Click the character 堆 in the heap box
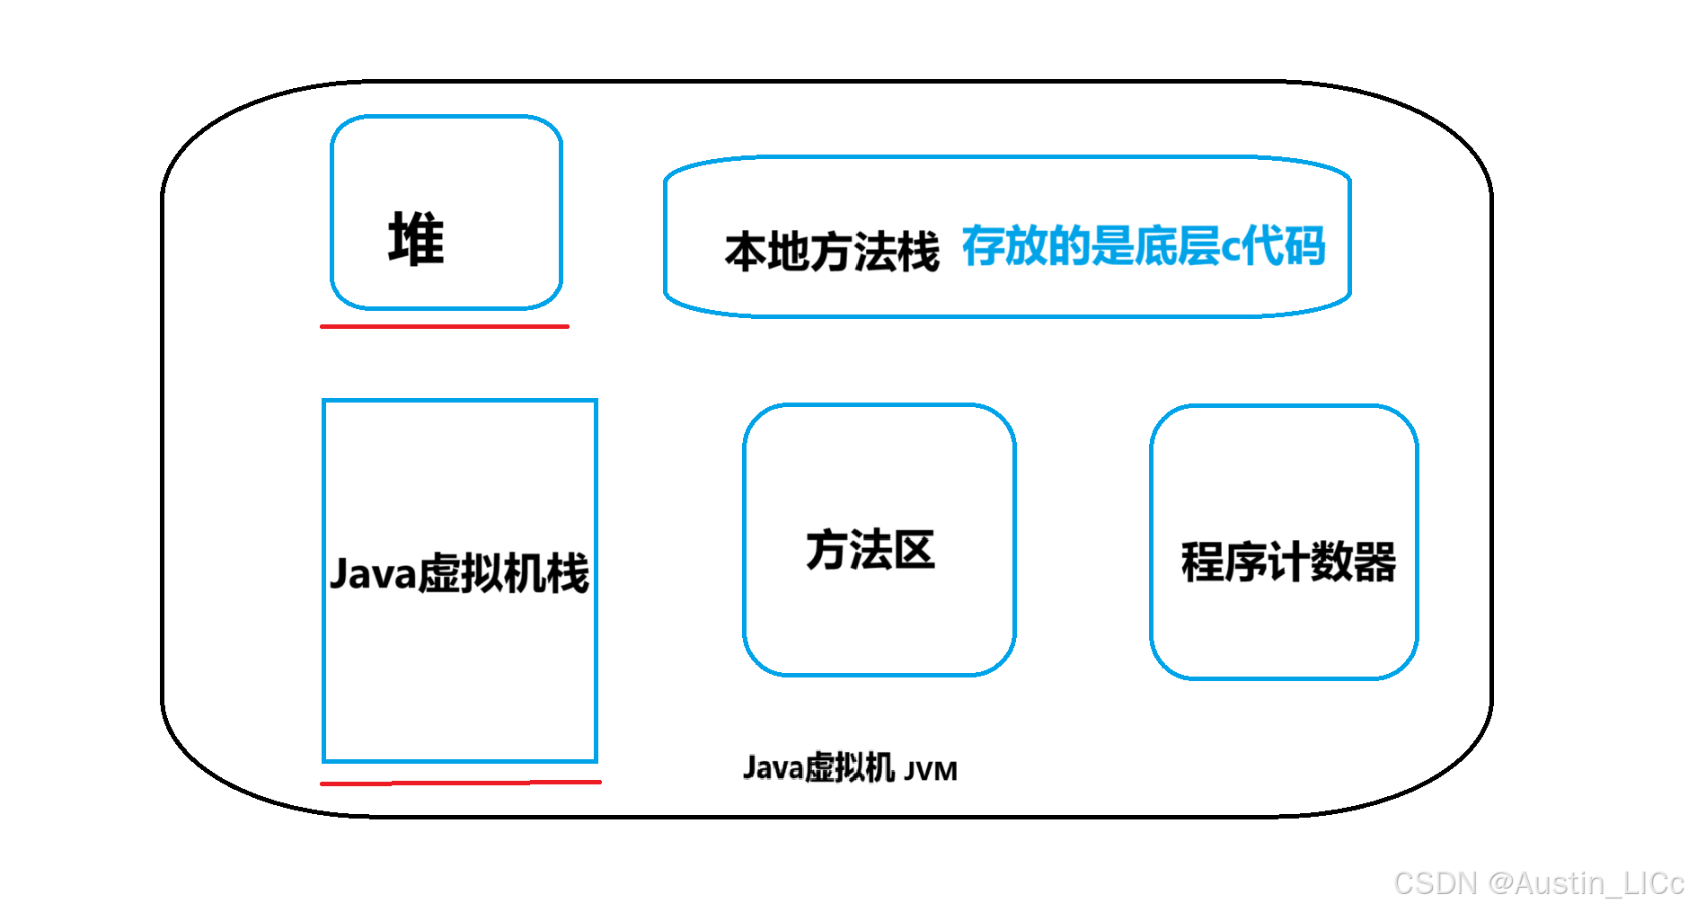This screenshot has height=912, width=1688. pyautogui.click(x=416, y=239)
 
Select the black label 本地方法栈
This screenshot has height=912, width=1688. pyautogui.click(x=831, y=251)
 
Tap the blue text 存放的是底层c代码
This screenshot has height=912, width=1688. pyautogui.click(x=1143, y=245)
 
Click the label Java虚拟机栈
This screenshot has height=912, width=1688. pyautogui.click(x=459, y=573)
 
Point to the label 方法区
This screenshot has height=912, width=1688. pyautogui.click(x=870, y=550)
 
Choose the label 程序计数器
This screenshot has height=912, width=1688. pyautogui.click(x=1287, y=562)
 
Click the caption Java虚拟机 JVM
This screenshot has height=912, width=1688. pyautogui.click(x=850, y=768)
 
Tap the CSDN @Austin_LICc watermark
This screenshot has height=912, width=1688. pyautogui.click(x=1538, y=883)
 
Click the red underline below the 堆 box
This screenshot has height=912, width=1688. pyautogui.click(x=445, y=326)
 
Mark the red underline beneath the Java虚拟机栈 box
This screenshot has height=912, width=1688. pyautogui.click(x=460, y=783)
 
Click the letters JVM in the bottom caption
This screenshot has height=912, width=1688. pyautogui.click(x=931, y=771)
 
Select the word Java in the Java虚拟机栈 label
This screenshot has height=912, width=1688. pyautogui.click(x=373, y=574)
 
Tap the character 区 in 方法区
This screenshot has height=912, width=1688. pyautogui.click(x=915, y=550)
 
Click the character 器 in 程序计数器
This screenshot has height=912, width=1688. pyautogui.click(x=1374, y=562)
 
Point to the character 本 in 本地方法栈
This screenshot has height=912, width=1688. pyautogui.click(x=745, y=252)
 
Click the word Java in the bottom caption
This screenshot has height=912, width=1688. pyautogui.click(x=773, y=768)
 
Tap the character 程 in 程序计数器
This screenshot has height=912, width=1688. pyautogui.click(x=1202, y=562)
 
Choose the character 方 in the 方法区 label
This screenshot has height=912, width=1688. pyautogui.click(x=826, y=550)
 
